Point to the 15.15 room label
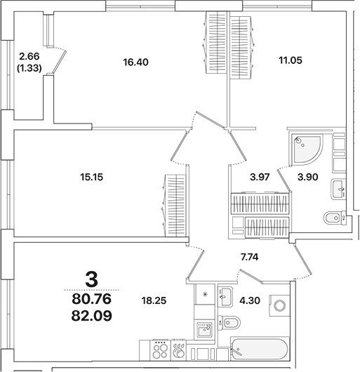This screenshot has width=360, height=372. (92, 177)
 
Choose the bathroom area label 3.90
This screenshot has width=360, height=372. (309, 177)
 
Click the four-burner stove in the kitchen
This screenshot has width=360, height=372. (161, 349)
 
